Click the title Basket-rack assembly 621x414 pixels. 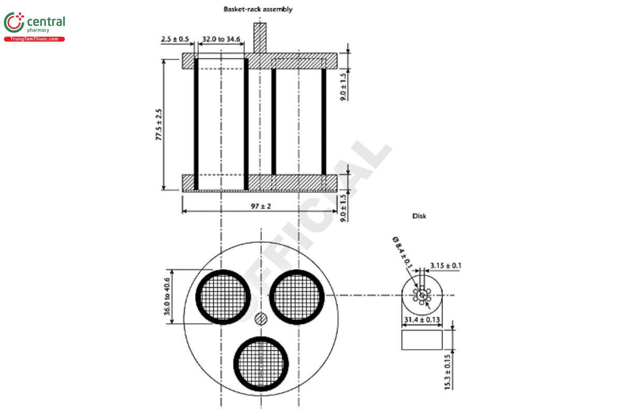pos(258,9)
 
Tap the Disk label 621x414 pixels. pos(419,216)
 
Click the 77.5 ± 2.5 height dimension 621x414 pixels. pos(159,124)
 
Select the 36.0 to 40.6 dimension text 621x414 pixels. pos(167,296)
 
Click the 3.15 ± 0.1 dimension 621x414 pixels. pos(446,266)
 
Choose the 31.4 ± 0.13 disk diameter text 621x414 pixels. pos(422,320)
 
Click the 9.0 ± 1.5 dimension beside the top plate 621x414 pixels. pos(344,86)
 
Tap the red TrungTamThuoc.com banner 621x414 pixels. pos(34,39)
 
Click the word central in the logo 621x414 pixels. pos(46,22)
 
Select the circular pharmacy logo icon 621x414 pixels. pos(13,23)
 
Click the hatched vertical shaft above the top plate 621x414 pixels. pos(259,37)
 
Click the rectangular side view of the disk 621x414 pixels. pos(422,339)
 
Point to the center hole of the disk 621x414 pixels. pos(422,295)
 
